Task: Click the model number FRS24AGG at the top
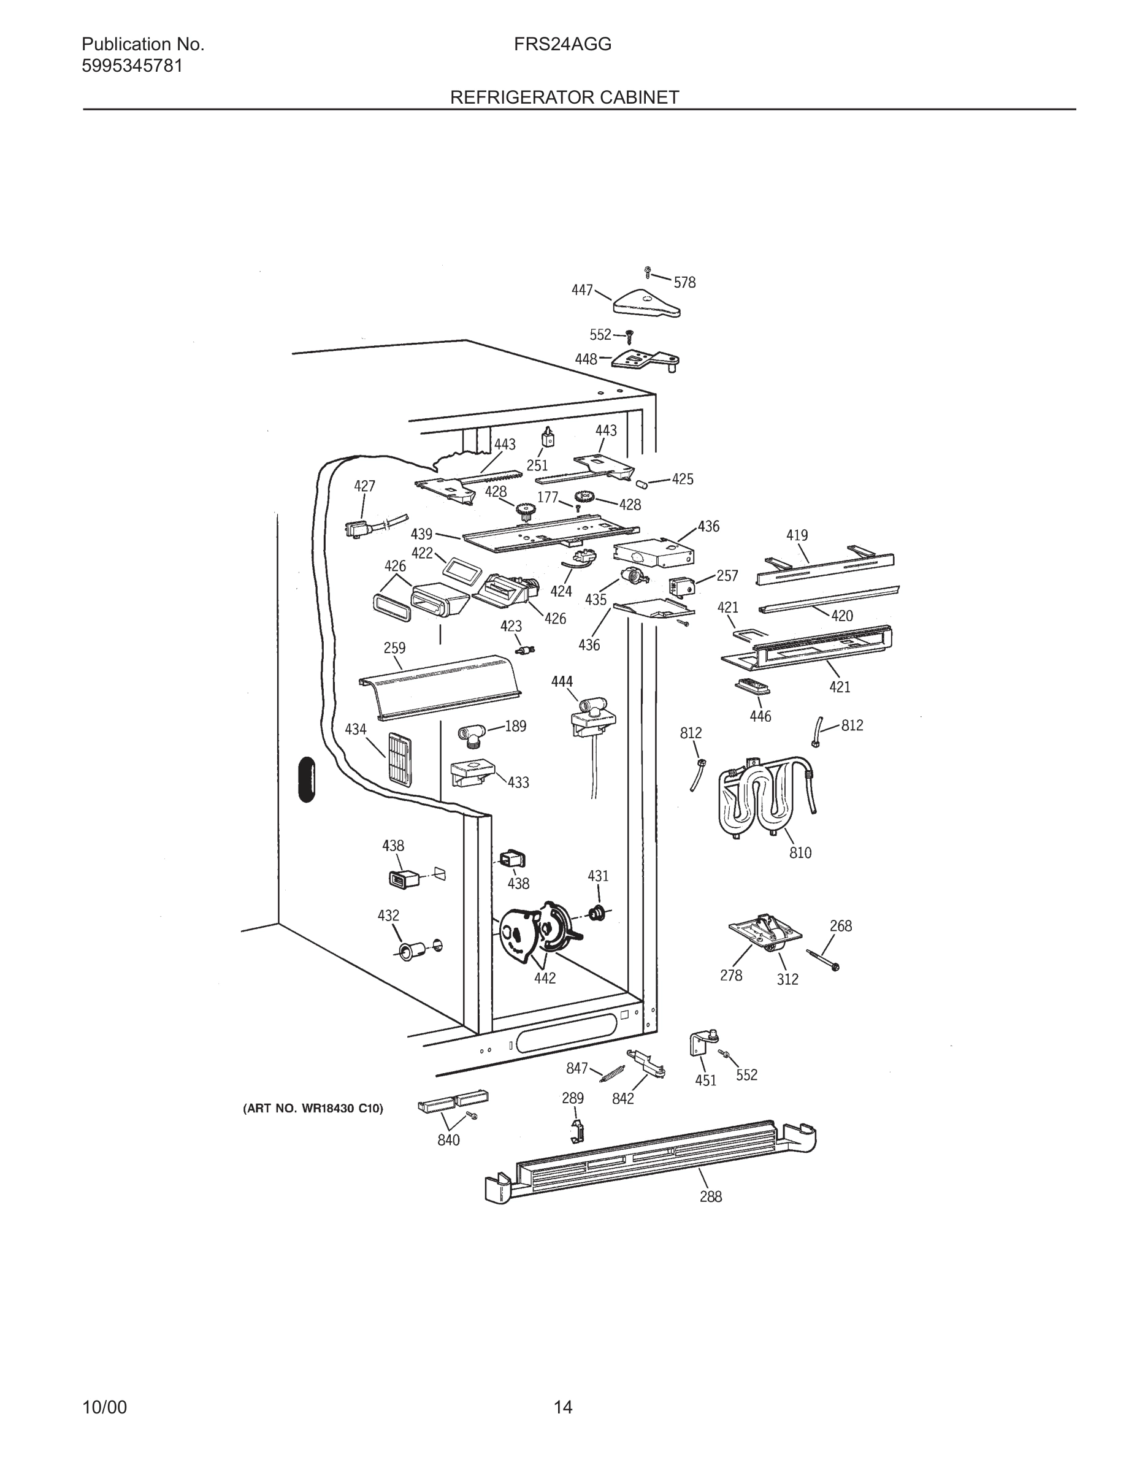pyautogui.click(x=562, y=45)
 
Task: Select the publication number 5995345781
pyautogui.click(x=132, y=66)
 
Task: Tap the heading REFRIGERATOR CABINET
pyautogui.click(x=564, y=98)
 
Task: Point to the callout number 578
pyautogui.click(x=684, y=283)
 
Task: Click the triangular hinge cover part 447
pyautogui.click(x=645, y=304)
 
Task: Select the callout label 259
pyautogui.click(x=394, y=648)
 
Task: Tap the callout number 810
pyautogui.click(x=800, y=852)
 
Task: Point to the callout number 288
pyautogui.click(x=710, y=1197)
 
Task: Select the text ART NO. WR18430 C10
pyautogui.click(x=313, y=1109)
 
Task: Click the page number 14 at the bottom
pyautogui.click(x=562, y=1407)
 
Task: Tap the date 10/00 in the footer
pyautogui.click(x=104, y=1407)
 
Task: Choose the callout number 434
pyautogui.click(x=356, y=729)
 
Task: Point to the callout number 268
pyautogui.click(x=840, y=926)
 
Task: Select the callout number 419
pyautogui.click(x=797, y=535)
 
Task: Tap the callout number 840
pyautogui.click(x=448, y=1140)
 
